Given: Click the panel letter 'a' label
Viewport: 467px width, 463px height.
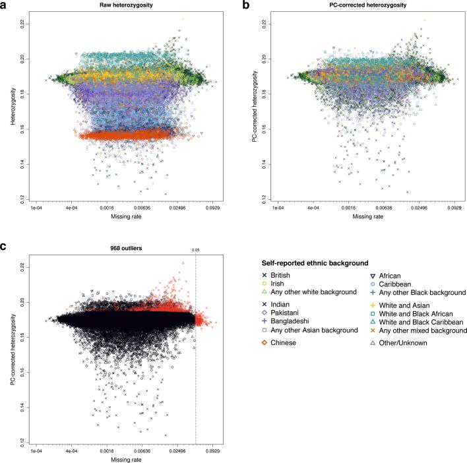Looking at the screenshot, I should [x=3, y=5].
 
